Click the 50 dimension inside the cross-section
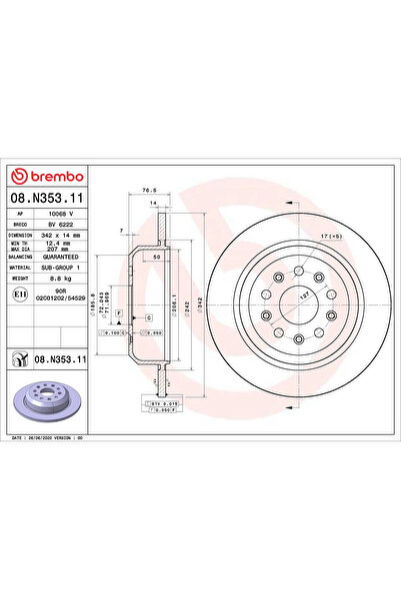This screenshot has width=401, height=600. point(157,258)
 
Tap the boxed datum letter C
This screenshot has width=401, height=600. point(148,316)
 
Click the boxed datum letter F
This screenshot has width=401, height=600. point(119,314)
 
